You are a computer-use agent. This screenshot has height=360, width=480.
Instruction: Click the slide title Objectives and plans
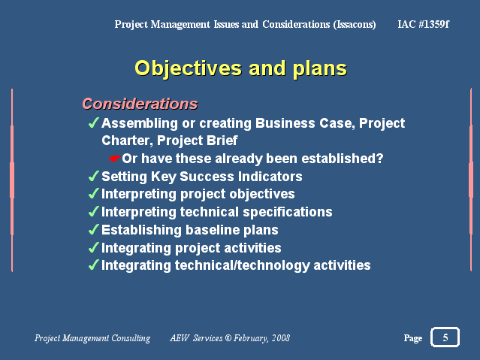click(240, 68)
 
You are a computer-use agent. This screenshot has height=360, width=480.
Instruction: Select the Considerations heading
click(140, 104)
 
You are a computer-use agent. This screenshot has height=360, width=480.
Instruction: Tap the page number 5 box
click(445, 337)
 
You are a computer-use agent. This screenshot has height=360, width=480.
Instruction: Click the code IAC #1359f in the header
click(424, 24)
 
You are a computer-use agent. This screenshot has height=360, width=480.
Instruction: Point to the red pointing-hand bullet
click(114, 159)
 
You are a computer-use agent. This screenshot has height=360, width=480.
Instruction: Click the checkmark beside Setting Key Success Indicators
click(93, 176)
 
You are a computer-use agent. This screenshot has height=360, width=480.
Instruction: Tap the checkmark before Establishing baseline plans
click(93, 229)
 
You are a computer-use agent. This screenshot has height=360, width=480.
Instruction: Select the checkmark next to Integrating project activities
click(93, 247)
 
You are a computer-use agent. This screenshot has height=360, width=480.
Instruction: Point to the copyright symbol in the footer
click(228, 337)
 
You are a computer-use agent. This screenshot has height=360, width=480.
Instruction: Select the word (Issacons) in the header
click(355, 25)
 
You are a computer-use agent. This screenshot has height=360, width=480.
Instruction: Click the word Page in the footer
click(413, 338)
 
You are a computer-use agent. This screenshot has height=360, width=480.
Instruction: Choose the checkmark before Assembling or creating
click(93, 123)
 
